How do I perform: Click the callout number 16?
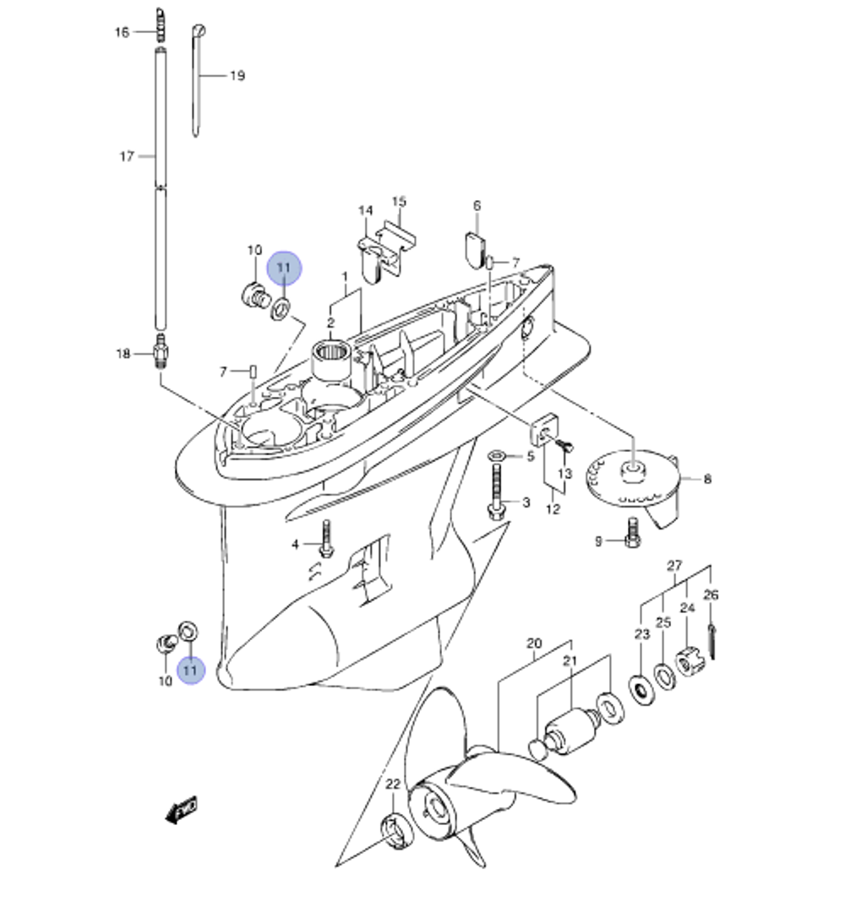[122, 32]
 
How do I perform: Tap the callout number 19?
[237, 76]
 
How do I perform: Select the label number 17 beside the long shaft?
[127, 156]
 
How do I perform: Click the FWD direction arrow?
[181, 809]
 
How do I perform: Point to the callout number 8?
[707, 479]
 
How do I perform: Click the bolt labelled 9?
[633, 534]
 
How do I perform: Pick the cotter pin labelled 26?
[711, 641]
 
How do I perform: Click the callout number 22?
[393, 784]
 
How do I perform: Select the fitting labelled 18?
[161, 351]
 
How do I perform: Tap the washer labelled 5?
[497, 456]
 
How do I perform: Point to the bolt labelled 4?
[326, 539]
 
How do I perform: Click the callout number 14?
[365, 210]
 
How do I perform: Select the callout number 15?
[399, 201]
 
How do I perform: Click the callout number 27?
[674, 565]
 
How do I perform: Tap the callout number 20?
[534, 644]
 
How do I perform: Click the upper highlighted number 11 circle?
[284, 269]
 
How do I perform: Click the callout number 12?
[553, 509]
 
